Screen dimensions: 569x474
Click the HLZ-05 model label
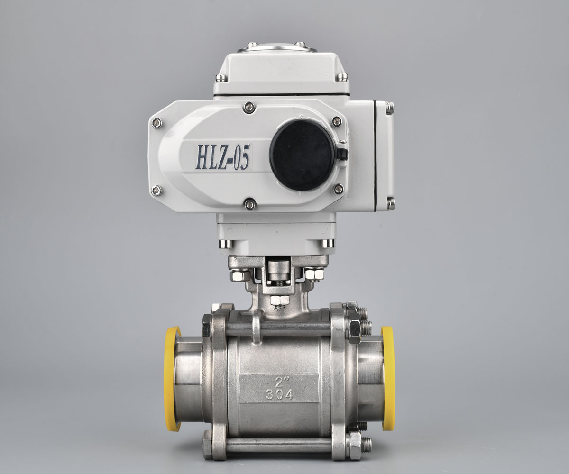point(223,157)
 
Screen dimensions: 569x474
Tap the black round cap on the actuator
point(302,155)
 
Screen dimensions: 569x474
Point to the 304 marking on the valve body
point(280,394)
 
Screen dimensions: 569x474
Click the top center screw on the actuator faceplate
point(249,107)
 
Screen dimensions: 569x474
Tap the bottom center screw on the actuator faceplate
point(249,203)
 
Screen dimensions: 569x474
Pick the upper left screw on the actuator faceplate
point(156,123)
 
